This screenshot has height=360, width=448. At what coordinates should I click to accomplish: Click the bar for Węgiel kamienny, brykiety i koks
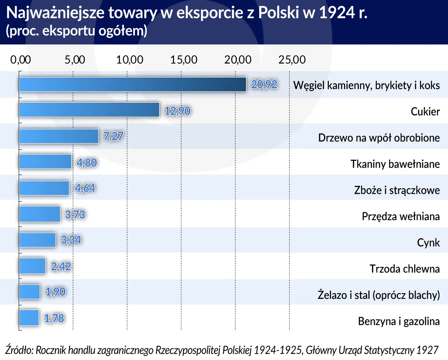point(132,84)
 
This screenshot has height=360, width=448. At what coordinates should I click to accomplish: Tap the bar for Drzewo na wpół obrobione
point(59,136)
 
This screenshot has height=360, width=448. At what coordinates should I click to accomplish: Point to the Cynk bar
point(38,240)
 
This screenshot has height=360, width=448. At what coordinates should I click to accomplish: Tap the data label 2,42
point(61,266)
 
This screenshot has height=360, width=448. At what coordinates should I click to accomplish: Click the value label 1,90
point(55,292)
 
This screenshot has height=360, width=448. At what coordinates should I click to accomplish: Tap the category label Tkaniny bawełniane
point(395,164)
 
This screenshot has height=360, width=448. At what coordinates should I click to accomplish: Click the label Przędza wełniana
point(400,216)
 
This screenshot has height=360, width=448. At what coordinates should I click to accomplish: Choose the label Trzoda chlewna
point(404,269)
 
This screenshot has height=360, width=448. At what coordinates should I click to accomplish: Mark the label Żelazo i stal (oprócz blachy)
point(378,295)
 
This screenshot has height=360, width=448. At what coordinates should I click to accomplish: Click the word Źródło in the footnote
point(18,350)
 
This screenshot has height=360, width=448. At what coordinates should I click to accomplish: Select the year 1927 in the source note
point(427,350)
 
